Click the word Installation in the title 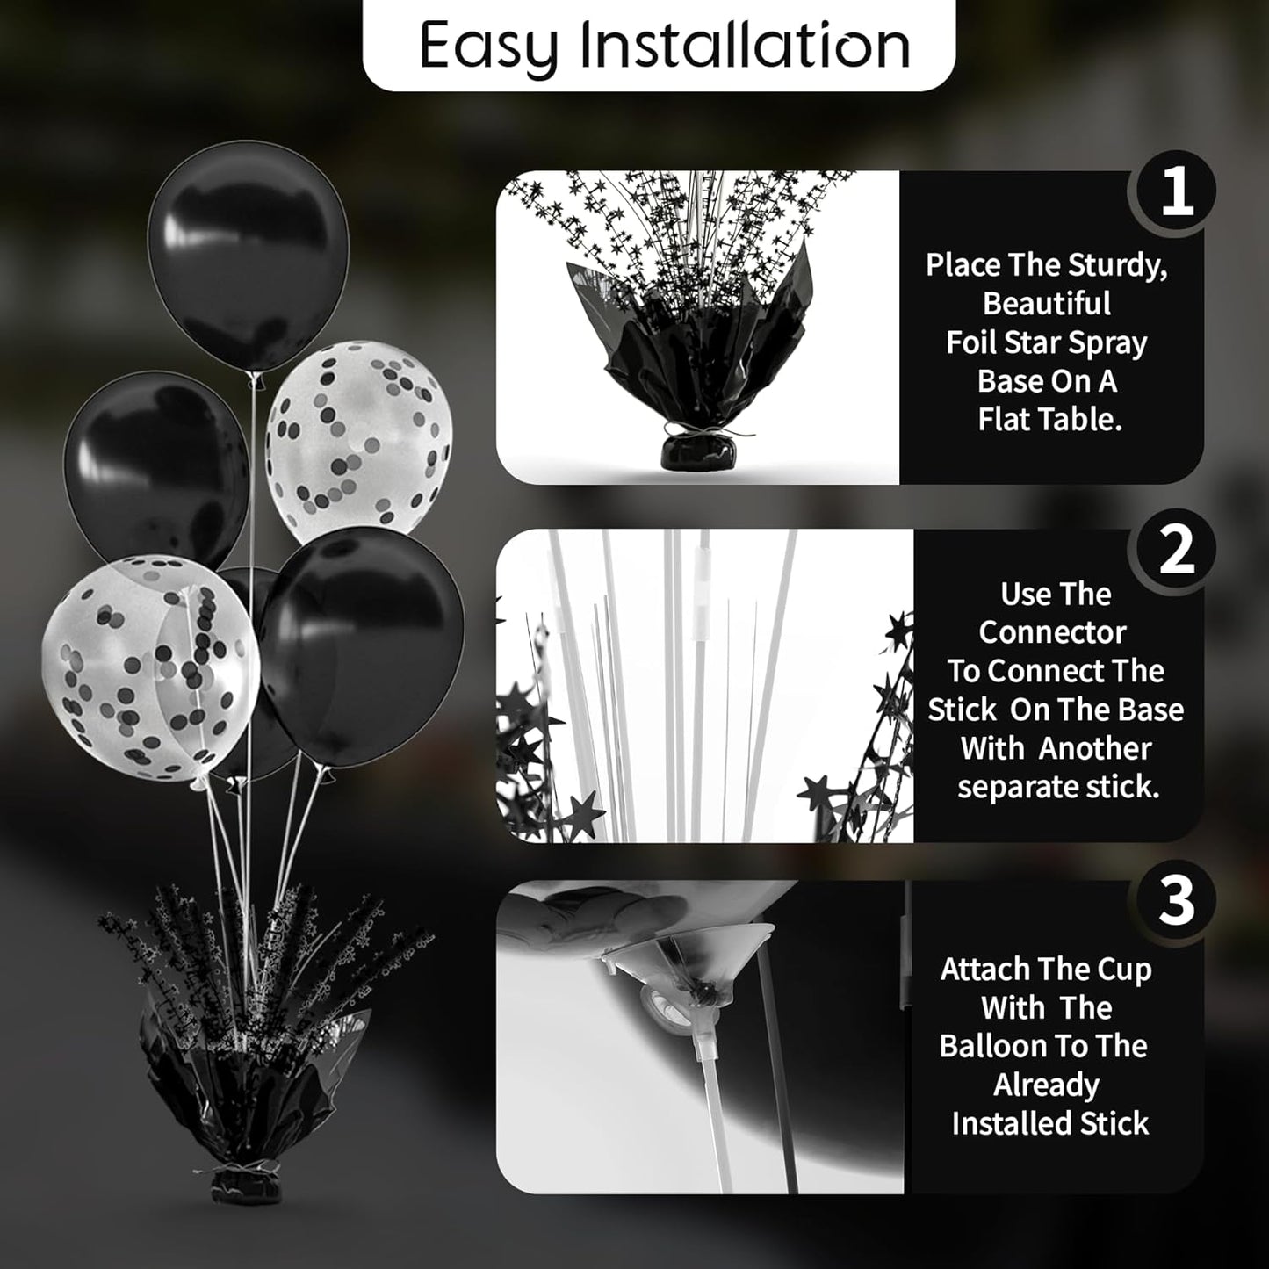[x=745, y=46]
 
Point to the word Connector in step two [x=1052, y=632]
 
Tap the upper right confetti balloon [x=359, y=443]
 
